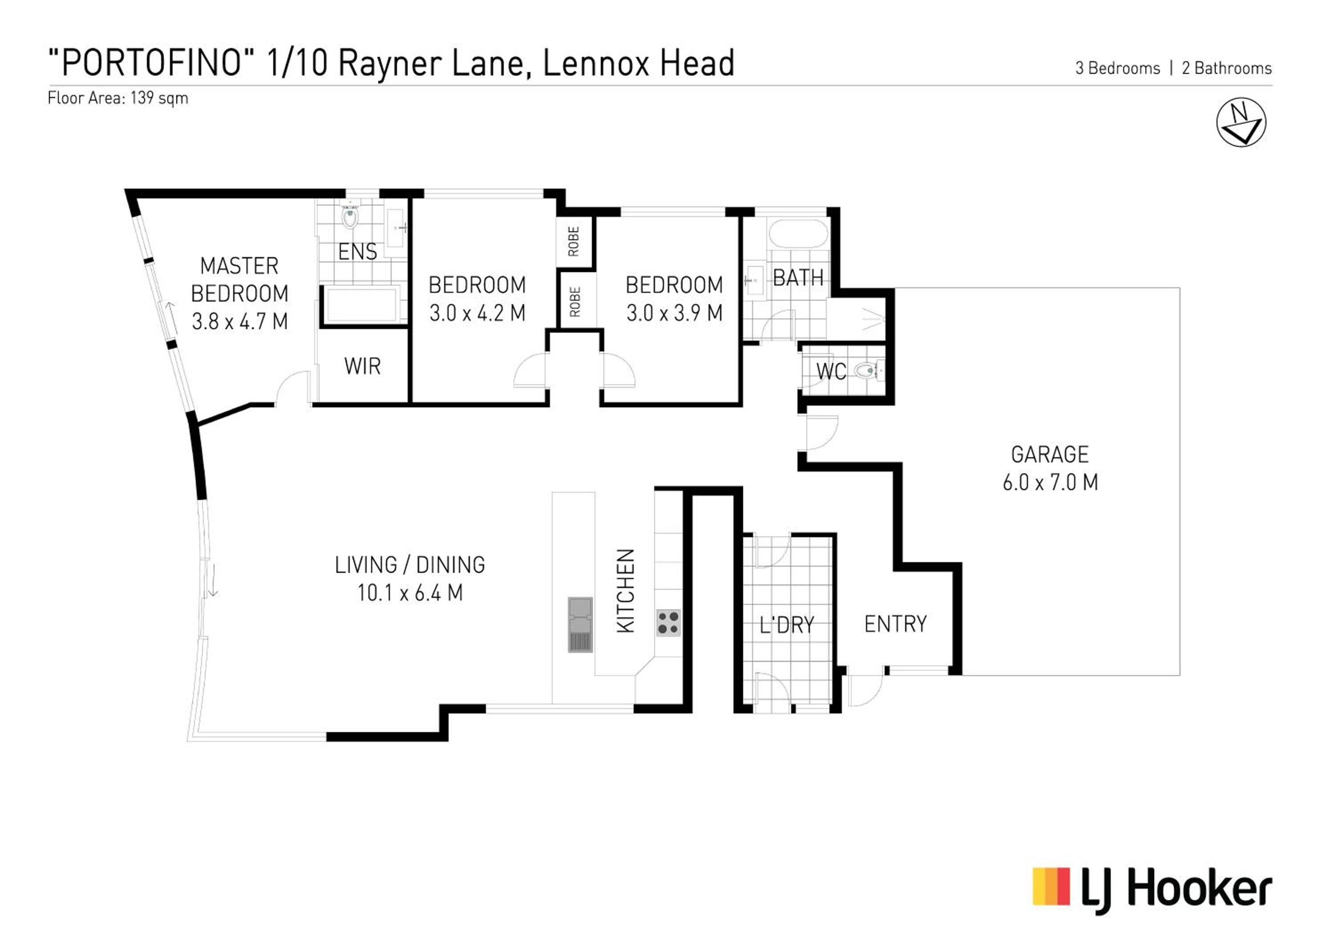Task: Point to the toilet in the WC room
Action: point(869,370)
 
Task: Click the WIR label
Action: point(362,366)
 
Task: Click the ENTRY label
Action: point(895,624)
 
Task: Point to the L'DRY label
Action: point(787,625)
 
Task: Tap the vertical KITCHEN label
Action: point(625,591)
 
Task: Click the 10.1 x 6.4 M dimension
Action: point(410,593)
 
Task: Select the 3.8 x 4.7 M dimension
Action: point(239,322)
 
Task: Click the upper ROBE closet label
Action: point(574,242)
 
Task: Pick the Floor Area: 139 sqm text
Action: point(118,98)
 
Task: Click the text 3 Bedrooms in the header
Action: point(1117,68)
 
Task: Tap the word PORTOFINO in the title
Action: point(151,63)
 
